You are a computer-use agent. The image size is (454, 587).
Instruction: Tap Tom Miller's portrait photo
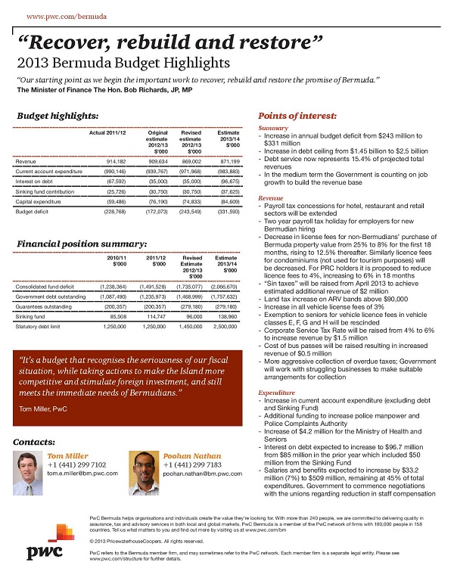pyautogui.click(x=30, y=473)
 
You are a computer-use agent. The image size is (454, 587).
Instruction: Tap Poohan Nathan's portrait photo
pyautogui.click(x=145, y=473)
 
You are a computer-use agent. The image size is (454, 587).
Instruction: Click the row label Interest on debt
pyautogui.click(x=36, y=181)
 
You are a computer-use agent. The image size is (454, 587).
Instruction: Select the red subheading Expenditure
pyautogui.click(x=276, y=394)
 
